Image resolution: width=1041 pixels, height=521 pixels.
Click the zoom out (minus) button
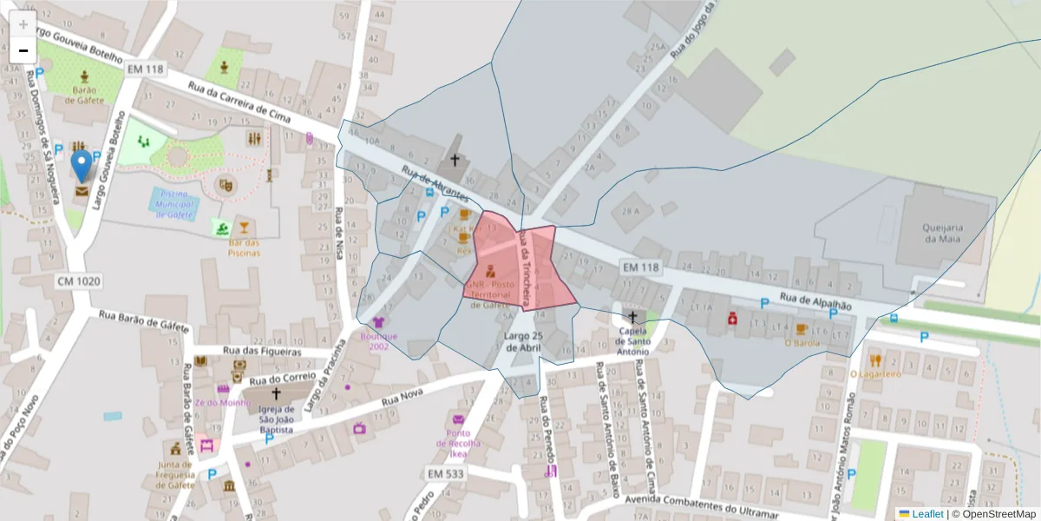[23, 50]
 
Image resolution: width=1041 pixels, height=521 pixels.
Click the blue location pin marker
[82, 165]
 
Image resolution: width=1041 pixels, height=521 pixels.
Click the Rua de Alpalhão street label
[815, 300]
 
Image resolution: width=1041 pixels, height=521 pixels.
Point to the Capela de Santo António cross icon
[632, 317]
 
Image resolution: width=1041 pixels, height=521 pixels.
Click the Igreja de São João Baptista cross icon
[276, 394]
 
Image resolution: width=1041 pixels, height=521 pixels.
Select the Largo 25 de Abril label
[523, 341]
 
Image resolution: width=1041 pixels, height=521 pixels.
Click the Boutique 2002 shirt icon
[377, 323]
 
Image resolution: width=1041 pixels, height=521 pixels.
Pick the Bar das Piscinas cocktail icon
[244, 228]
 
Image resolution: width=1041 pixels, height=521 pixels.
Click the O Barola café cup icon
[801, 329]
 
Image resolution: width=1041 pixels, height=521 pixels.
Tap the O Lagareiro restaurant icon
[874, 359]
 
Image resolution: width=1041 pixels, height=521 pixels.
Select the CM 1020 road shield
[79, 281]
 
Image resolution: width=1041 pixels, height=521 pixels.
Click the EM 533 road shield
[446, 473]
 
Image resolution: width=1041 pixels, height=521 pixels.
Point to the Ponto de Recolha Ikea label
[458, 443]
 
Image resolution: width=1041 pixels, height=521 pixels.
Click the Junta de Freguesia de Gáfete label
[175, 474]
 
